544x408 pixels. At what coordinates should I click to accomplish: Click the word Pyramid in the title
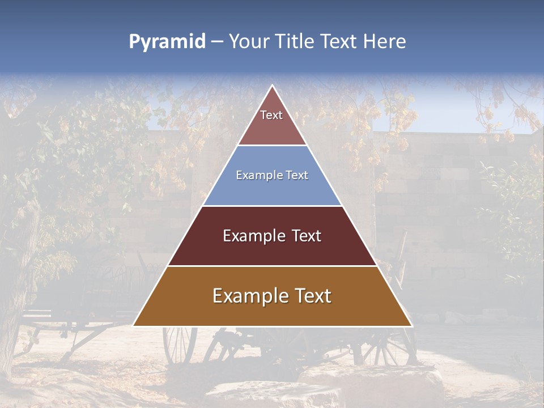tap(167, 42)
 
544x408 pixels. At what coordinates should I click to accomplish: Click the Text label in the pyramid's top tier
tap(271, 115)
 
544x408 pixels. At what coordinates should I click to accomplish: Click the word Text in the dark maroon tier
tap(307, 236)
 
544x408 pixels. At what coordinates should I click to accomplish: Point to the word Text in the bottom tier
tap(312, 296)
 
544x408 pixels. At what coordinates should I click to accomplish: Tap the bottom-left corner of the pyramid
tap(134, 326)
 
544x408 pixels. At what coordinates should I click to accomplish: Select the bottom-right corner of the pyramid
tap(411, 326)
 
